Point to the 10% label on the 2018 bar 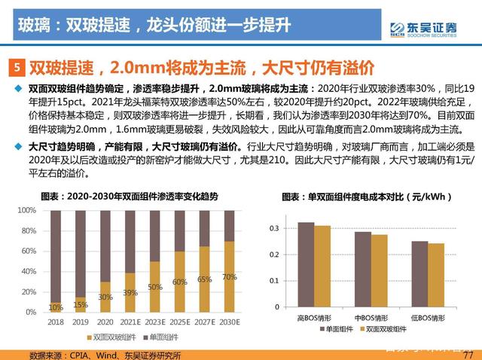(56, 307)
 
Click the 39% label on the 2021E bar (130, 292)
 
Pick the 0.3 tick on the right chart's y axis (274, 227)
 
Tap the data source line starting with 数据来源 (99, 354)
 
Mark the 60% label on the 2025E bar (178, 282)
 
